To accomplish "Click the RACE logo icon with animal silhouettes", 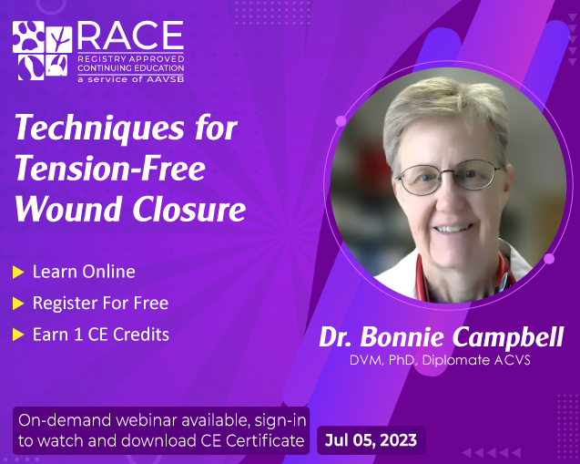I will tap(42, 51).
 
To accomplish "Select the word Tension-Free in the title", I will tap(110, 169).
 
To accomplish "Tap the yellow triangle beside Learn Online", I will tap(18, 273).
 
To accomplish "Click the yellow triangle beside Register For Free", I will tap(18, 304).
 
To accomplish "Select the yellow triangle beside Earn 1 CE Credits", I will tap(18, 335).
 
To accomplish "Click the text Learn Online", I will tap(84, 272).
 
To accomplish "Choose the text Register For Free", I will tap(100, 303).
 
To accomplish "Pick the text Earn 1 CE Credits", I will tap(100, 334).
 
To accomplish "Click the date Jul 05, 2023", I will tap(371, 440).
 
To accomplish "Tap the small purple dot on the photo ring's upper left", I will tap(341, 120).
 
